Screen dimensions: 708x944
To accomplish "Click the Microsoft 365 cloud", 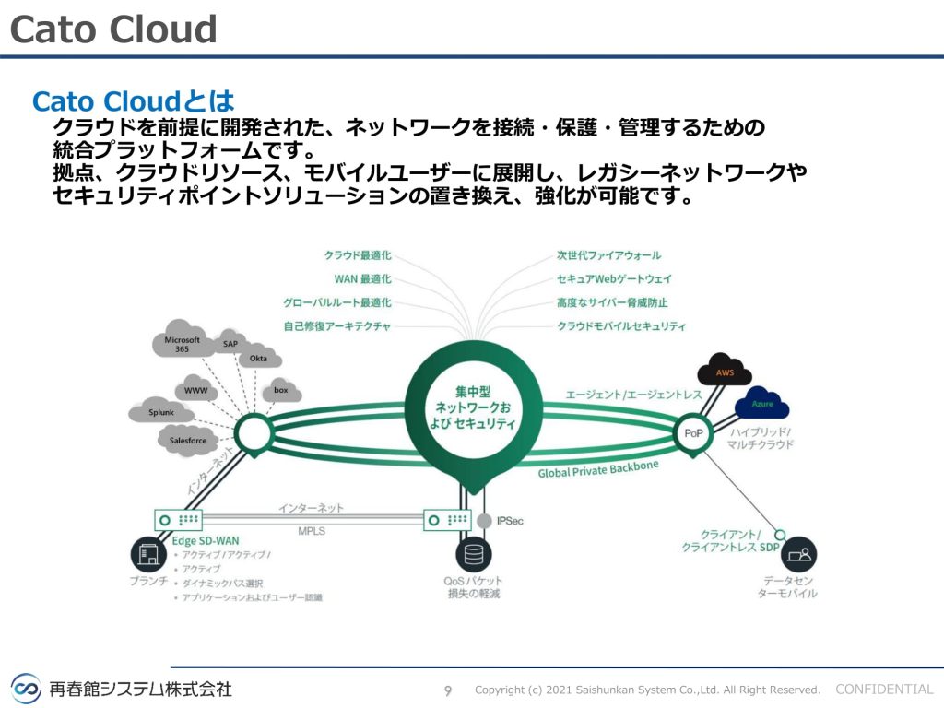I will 182,343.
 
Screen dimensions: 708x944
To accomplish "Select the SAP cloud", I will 230,343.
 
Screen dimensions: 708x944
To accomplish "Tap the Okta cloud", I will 258,358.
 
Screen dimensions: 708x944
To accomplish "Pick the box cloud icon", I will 280,391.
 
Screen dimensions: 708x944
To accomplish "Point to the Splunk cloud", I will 161,412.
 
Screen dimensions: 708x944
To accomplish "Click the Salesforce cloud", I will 188,441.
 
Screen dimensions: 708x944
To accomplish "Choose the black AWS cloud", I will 726,372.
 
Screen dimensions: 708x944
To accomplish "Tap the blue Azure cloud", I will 761,404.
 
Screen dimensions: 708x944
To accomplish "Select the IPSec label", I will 510,522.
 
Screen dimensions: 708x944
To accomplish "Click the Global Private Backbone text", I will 598,469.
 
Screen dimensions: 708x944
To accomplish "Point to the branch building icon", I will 147,555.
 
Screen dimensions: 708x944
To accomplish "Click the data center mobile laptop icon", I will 797,555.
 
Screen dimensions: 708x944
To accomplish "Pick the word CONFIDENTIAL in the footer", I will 884,689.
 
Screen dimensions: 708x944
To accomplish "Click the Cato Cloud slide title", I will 113,29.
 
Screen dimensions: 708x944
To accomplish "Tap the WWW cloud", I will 195,390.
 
